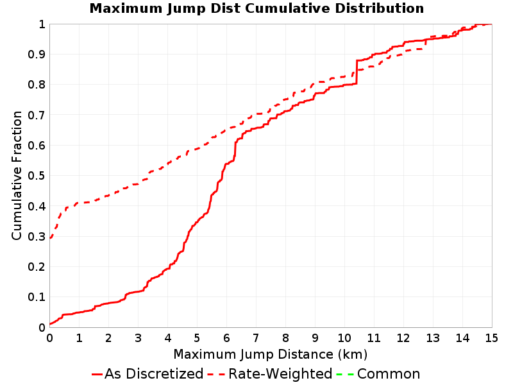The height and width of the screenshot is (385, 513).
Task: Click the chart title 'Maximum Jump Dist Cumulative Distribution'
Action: click(256, 8)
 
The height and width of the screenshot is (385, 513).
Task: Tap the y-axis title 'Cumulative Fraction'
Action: click(17, 175)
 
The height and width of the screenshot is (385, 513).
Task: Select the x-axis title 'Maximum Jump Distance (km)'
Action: click(270, 355)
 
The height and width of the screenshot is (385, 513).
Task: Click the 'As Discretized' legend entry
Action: click(148, 374)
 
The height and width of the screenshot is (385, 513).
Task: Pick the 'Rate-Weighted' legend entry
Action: click(270, 374)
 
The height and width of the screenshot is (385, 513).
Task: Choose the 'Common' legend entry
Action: click(378, 374)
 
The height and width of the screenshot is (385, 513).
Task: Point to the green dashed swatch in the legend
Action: click(345, 374)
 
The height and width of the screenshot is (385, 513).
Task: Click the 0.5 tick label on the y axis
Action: click(37, 176)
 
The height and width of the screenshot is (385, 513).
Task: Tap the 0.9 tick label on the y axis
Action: click(37, 55)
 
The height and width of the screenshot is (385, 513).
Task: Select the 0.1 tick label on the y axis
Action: click(37, 297)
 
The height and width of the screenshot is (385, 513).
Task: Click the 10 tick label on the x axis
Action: click(344, 338)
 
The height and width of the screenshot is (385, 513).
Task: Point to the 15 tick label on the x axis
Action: click(491, 338)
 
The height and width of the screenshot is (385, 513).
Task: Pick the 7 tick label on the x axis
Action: click(256, 338)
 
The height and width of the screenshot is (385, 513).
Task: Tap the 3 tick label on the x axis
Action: click(138, 338)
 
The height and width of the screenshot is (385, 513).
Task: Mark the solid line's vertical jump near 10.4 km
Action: click(357, 73)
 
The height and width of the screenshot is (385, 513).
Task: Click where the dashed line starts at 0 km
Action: click(50, 238)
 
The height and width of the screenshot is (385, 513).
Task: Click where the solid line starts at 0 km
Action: click(50, 324)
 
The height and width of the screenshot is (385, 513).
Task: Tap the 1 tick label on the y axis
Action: click(42, 24)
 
